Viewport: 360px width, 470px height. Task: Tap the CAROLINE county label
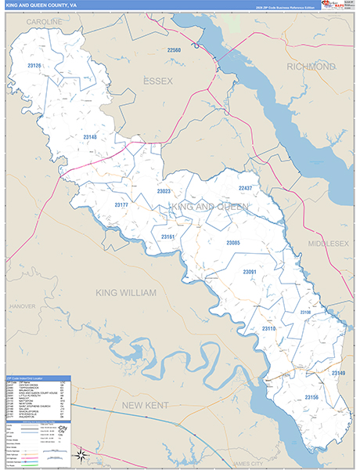[45, 22]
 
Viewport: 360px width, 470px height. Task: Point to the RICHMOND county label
[311, 67]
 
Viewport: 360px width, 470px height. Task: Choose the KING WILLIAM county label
[126, 292]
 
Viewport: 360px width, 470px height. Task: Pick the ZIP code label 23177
[121, 204]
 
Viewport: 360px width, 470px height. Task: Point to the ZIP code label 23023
[164, 191]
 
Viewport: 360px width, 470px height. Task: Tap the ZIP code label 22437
[245, 189]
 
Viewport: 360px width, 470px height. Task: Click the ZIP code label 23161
[168, 236]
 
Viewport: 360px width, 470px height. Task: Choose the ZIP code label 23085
[233, 243]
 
